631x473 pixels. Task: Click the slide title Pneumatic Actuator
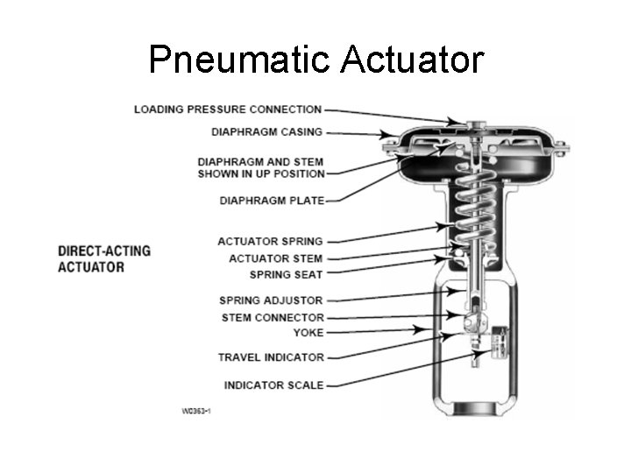[315, 60]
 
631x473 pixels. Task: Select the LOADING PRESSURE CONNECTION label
[227, 109]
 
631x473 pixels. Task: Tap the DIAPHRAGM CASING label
[266, 132]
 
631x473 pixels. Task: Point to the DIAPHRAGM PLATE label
[271, 201]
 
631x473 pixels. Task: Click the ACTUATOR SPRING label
[270, 241]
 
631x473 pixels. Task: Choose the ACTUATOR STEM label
[275, 258]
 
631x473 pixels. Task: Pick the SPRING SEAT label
[286, 274]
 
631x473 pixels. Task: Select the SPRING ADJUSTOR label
[271, 300]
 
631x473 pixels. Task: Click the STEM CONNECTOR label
[273, 317]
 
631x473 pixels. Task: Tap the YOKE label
[308, 333]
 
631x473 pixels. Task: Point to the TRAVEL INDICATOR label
[271, 357]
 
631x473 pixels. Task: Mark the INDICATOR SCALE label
[273, 385]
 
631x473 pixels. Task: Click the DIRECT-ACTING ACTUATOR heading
[104, 258]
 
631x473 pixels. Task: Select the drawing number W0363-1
[197, 410]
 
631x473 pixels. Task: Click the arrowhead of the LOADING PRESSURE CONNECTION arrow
[457, 120]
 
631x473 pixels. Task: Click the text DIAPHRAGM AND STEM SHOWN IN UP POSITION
[259, 167]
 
